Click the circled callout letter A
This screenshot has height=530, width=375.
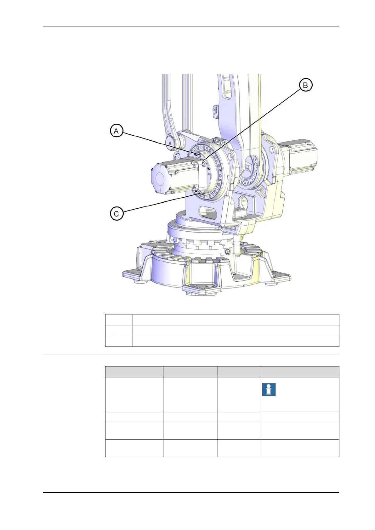(x=116, y=131)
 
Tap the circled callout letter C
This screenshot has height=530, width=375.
(x=116, y=214)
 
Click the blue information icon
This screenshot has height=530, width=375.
(x=269, y=389)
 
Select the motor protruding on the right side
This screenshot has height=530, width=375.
(x=299, y=156)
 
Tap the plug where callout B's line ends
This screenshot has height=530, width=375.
(x=204, y=163)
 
